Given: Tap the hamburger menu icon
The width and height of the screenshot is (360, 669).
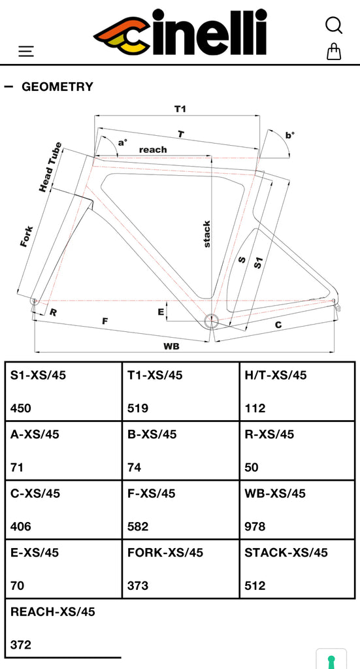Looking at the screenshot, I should point(26,51).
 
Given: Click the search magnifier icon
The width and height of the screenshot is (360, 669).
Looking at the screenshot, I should point(333,25).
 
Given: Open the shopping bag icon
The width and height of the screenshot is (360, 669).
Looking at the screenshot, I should point(334,52).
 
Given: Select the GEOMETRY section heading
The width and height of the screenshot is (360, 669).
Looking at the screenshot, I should point(57,87).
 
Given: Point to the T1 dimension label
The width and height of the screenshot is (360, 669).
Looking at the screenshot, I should point(180,109).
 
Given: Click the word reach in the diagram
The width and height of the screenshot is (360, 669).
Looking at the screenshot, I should point(153,150).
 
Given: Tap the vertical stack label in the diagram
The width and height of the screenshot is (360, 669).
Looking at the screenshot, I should point(206,234).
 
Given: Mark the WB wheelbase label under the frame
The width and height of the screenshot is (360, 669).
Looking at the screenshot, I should point(171,346).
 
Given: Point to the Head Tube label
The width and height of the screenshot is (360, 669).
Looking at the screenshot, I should point(51,167).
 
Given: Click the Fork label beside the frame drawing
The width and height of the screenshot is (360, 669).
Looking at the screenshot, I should point(27,236).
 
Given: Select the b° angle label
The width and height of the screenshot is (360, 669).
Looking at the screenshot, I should point(290,135).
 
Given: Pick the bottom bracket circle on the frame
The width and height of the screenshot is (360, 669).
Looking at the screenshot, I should point(211,321).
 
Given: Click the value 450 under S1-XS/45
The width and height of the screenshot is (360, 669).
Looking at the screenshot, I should point(21,408).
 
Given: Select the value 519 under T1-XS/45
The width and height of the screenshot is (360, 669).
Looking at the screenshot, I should point(138,408).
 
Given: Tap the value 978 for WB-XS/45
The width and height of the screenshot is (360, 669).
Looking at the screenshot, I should point(255,527).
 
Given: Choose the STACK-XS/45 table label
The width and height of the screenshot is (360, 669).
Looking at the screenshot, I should point(286,553).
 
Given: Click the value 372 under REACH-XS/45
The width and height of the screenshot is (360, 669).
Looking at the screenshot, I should point(21,645).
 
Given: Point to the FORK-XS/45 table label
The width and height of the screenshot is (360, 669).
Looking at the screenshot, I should point(165,553).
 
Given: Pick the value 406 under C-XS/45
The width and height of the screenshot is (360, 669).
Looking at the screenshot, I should point(21,527).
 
